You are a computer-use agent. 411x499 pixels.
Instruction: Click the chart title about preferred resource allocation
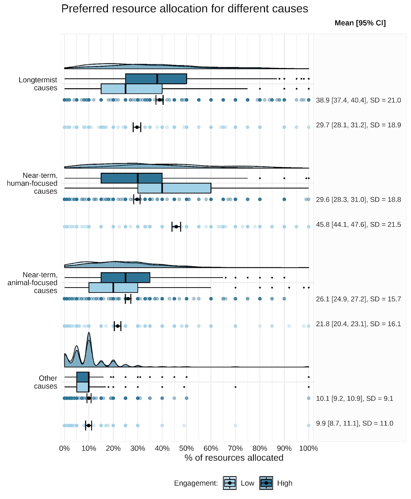pos(185,9)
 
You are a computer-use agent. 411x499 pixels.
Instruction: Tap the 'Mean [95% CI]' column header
pos(360,23)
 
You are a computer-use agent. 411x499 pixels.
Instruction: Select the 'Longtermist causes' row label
pos(38,84)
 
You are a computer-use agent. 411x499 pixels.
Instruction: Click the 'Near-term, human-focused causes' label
pos(32,183)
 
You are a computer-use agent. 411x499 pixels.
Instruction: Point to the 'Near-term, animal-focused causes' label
pos(32,283)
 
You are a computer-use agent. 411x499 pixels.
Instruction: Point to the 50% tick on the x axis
pos(186,448)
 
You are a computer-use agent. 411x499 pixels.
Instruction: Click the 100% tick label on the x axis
pos(308,448)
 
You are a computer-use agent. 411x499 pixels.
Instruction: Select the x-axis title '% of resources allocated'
pos(234,458)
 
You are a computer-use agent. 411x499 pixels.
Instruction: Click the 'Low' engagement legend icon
pos(230,483)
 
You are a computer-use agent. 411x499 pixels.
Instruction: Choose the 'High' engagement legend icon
pos(266,483)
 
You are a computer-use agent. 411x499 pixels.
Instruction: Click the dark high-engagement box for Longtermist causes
pos(156,79)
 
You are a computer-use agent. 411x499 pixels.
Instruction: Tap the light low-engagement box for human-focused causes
pos(174,188)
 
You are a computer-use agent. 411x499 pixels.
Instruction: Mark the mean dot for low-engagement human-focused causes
pos(176,227)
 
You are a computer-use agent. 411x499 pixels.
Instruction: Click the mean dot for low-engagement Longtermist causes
pos(137,127)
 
